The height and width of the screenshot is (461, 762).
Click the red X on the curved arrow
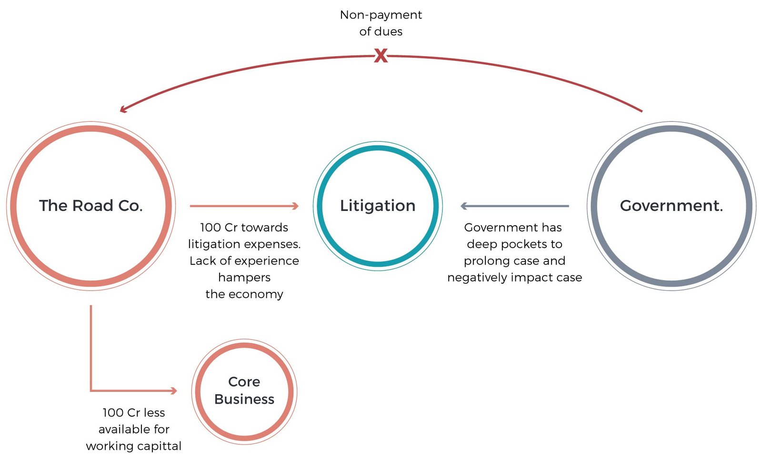point(381,56)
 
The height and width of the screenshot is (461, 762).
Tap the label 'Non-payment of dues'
point(381,23)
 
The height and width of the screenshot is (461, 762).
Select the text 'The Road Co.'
point(90,206)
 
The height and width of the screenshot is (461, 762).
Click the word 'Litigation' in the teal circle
point(378,206)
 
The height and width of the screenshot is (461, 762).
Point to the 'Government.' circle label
point(671,206)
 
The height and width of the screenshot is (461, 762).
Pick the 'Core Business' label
point(244,391)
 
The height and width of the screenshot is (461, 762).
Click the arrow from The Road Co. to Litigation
point(244,206)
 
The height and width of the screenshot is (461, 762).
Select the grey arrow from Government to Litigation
point(514,206)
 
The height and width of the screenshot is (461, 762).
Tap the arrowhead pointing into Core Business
point(174,391)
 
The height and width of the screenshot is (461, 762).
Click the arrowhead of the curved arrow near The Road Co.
point(123,110)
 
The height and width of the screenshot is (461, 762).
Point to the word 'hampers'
point(244,277)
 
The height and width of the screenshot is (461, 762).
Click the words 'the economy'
point(244,294)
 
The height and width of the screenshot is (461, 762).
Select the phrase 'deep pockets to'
point(514,244)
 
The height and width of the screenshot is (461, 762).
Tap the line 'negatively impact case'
point(514,278)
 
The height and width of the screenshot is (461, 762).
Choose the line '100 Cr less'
point(134,412)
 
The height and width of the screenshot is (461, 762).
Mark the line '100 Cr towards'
point(244,228)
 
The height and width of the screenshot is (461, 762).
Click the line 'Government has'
point(513,228)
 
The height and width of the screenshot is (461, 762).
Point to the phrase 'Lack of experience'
point(244,261)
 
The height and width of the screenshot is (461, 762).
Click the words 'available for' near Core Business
point(134,429)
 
